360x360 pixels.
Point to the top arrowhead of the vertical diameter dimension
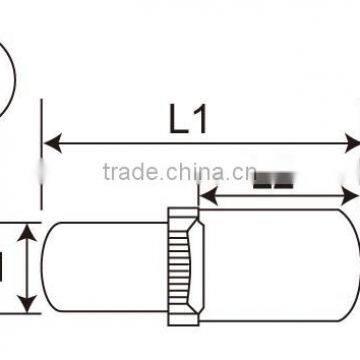pyautogui.click(x=29, y=230)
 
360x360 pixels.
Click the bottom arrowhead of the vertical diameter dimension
pyautogui.click(x=29, y=305)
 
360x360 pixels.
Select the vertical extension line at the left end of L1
pyautogui.click(x=42, y=150)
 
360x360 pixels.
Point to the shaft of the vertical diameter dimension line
pyautogui.click(x=29, y=267)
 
